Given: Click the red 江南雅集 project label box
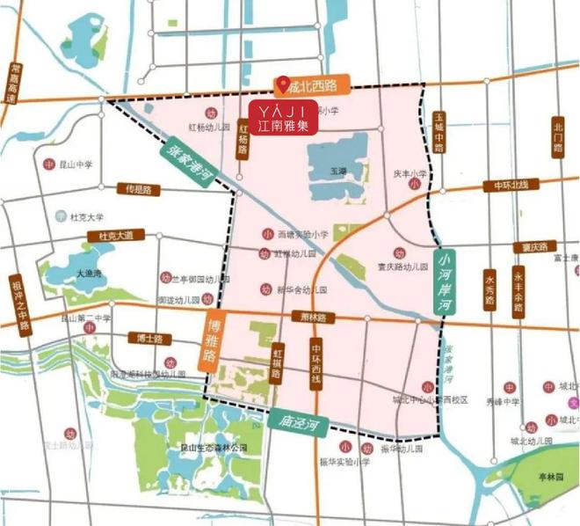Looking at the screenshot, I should [282, 118].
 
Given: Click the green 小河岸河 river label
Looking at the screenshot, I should [448, 283].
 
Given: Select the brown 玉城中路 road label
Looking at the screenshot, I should [439, 131].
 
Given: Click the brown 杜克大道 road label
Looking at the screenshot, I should [115, 236].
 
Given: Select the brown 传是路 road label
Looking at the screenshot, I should [138, 189].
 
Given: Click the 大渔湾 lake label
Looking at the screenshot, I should [90, 273].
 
